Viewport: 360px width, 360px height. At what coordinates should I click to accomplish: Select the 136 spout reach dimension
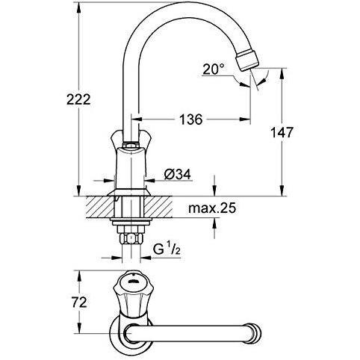pos(192,117)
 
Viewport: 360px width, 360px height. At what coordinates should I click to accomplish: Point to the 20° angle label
pos(213,69)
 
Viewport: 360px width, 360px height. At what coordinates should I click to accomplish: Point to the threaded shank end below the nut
pos(131,251)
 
